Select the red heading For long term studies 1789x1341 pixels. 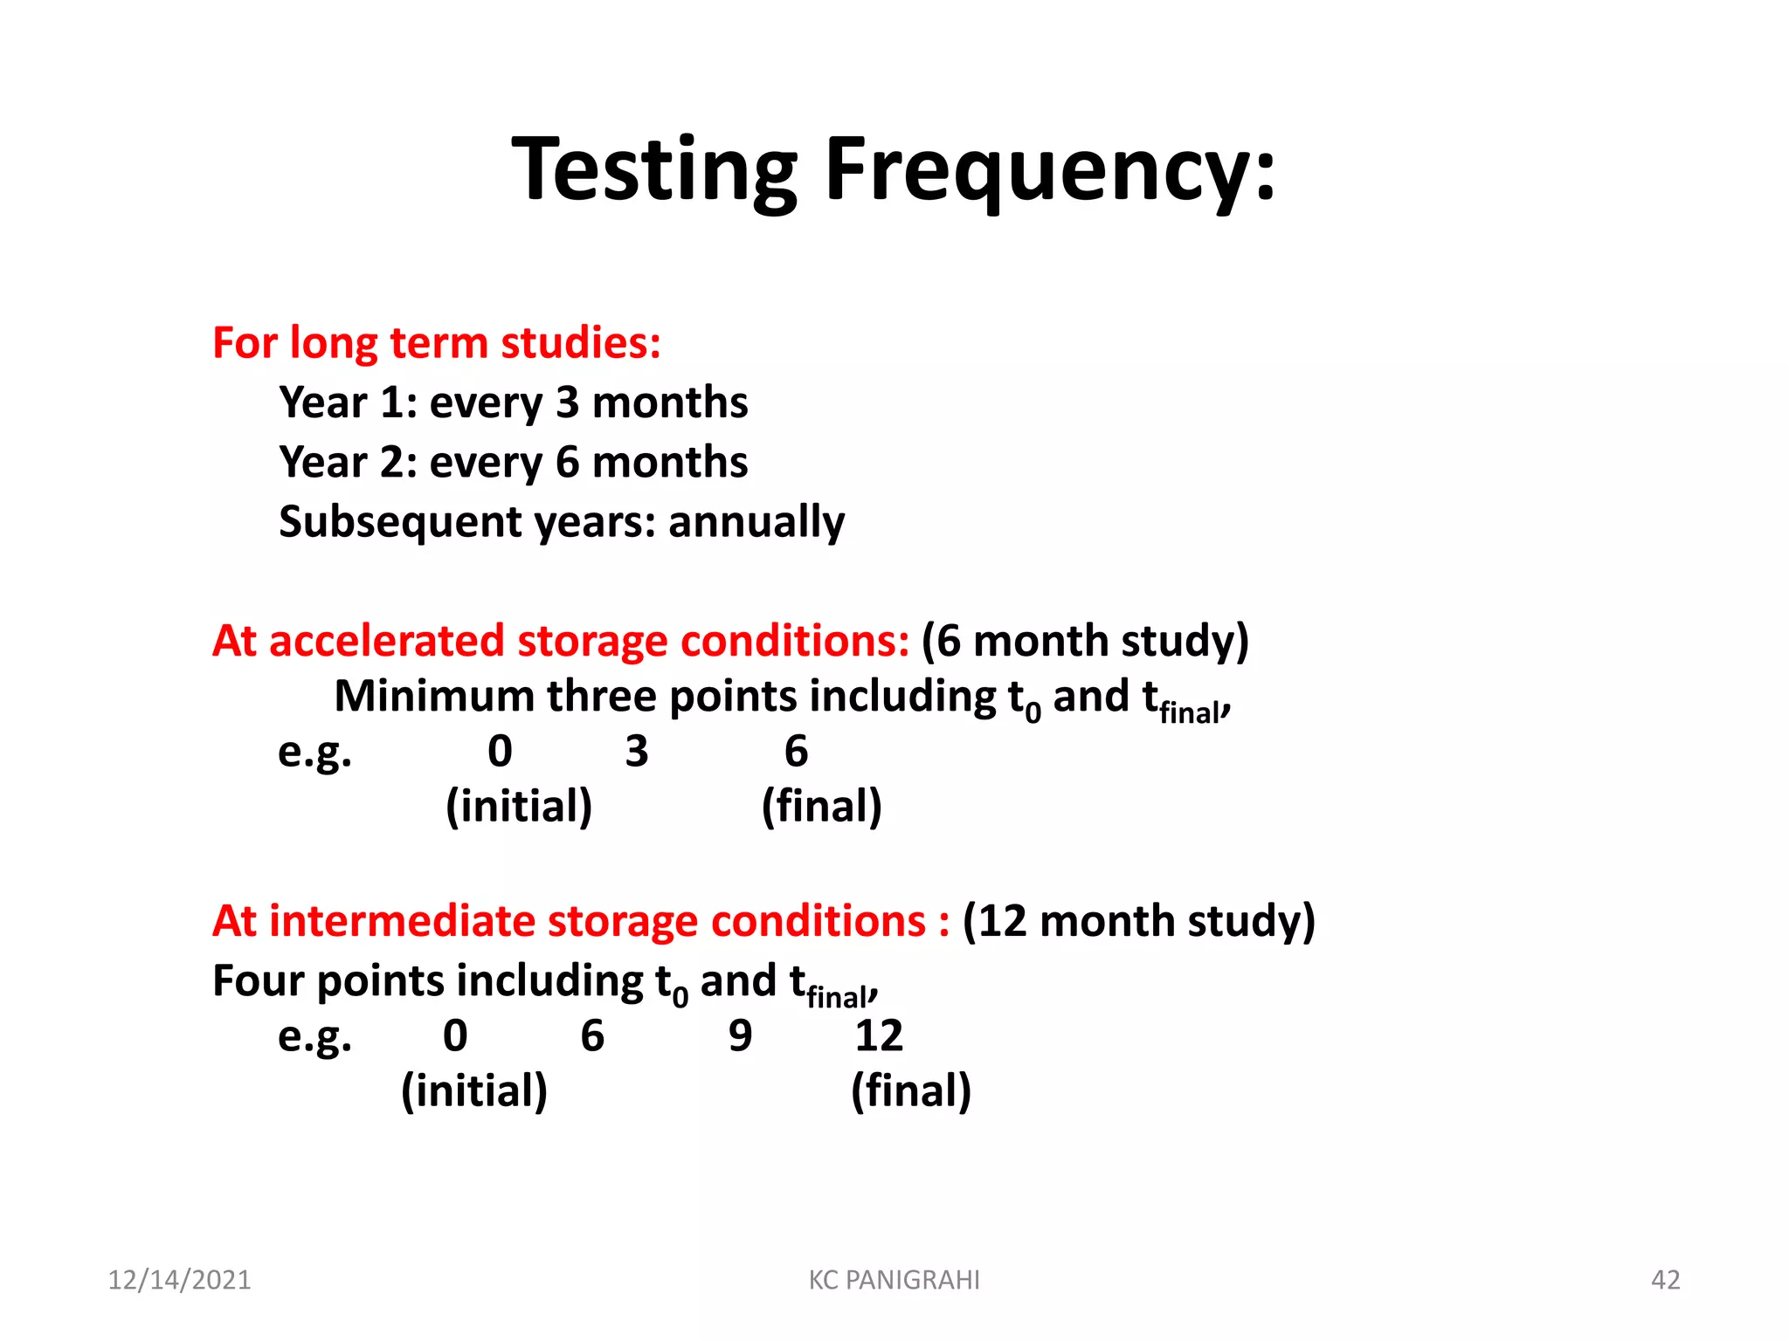(436, 342)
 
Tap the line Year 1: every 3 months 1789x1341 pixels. (513, 402)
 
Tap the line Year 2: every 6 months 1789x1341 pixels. (513, 462)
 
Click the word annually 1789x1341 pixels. (756, 522)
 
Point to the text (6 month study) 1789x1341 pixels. (1085, 641)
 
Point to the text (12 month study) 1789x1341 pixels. (1138, 921)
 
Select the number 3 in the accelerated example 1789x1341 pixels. (637, 751)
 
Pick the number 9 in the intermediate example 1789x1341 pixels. (740, 1035)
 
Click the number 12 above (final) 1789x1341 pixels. (878, 1035)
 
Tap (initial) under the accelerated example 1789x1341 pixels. (519, 806)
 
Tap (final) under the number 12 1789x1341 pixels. (910, 1090)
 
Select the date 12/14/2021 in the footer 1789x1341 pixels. (179, 1280)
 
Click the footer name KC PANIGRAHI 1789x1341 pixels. (894, 1280)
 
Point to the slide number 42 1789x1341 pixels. (1665, 1280)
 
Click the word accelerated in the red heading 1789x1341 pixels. (386, 641)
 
